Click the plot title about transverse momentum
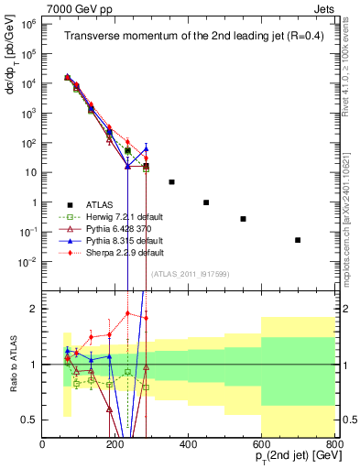click(x=188, y=37)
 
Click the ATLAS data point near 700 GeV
click(x=298, y=240)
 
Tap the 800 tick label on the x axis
click(x=334, y=444)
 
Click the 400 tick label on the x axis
click(x=189, y=444)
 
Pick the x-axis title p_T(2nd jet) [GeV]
click(x=286, y=458)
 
